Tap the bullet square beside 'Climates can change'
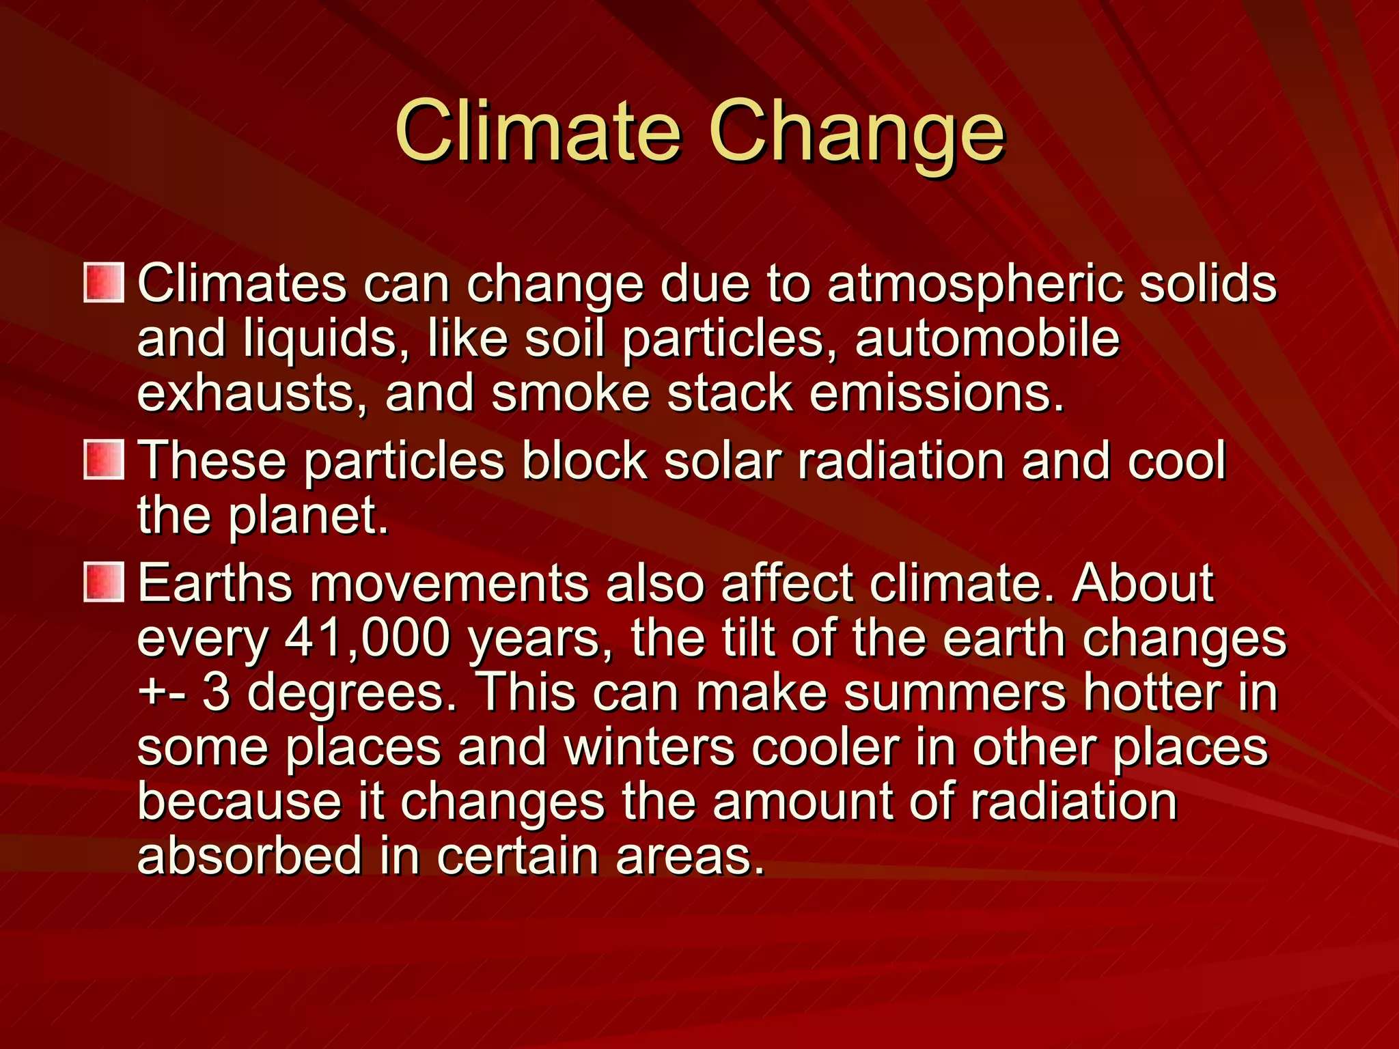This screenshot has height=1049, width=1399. (104, 283)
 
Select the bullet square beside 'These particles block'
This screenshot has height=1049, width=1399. (104, 460)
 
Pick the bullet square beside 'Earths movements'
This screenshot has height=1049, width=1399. (104, 583)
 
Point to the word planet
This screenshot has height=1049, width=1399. (308, 516)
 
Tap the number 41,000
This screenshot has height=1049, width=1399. (368, 639)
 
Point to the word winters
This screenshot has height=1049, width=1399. (650, 747)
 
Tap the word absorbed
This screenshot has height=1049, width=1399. (250, 856)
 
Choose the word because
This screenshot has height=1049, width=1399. (239, 802)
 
